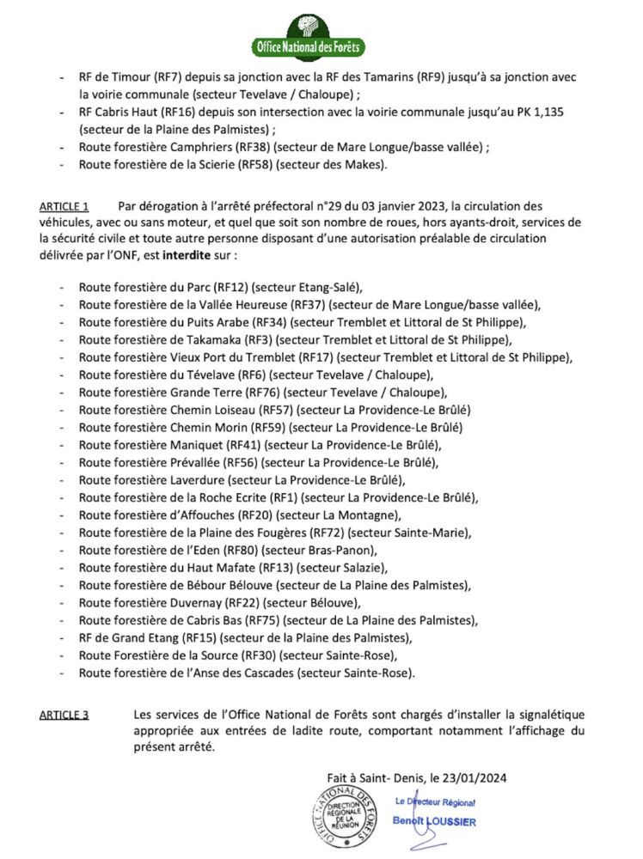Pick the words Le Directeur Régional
(x=435, y=801)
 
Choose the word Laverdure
(x=195, y=480)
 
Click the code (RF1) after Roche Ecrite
(x=283, y=497)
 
